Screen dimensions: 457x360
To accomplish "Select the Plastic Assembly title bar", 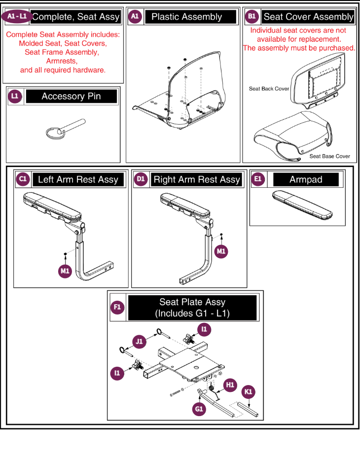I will (x=186, y=17).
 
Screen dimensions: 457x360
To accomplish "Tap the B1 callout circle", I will (x=252, y=17).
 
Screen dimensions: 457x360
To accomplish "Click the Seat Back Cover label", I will (x=269, y=89).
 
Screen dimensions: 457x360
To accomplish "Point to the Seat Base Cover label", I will (x=329, y=156).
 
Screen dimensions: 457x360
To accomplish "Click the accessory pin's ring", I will (x=53, y=131).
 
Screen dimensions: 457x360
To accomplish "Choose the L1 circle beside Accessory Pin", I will (x=16, y=97).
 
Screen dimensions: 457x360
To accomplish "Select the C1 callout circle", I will (x=23, y=179).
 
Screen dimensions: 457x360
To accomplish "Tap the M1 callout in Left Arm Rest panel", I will (x=65, y=270).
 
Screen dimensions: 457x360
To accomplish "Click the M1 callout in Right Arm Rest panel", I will (x=222, y=251).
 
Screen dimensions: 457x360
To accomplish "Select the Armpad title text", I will (x=306, y=180).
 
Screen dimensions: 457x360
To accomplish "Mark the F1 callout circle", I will (x=117, y=308).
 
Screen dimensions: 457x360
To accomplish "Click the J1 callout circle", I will (x=139, y=341).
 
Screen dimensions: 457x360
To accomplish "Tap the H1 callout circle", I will (x=230, y=385).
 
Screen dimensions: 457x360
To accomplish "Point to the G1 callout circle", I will (x=199, y=409).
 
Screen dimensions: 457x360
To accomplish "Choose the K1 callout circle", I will (x=249, y=392).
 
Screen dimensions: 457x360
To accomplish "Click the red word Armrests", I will (x=63, y=61).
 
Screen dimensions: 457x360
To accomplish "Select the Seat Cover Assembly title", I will (x=308, y=17).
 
